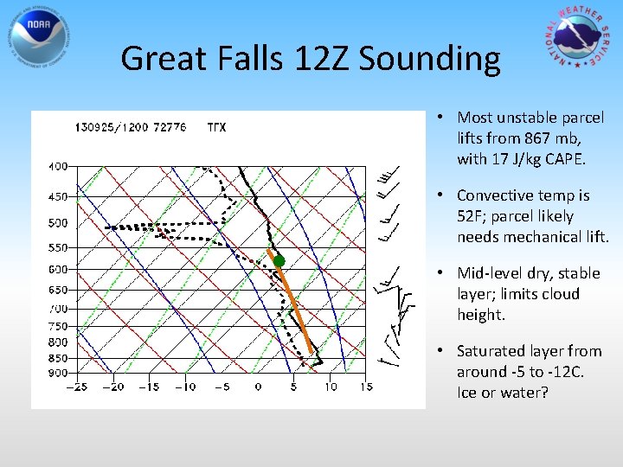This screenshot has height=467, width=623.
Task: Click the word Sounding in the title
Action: pos(429,59)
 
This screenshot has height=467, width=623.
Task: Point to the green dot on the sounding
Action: pos(279,261)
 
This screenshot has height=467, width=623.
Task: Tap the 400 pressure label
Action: pos(57,166)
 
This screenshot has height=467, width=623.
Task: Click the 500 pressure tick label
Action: pos(57,223)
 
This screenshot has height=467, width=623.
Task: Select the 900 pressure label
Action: pos(57,373)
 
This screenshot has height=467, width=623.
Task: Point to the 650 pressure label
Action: pos(57,289)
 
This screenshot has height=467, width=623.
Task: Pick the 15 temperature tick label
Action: pos(366,387)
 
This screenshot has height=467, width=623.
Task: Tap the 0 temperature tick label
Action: pos(258,387)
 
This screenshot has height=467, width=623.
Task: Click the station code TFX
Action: pos(216,128)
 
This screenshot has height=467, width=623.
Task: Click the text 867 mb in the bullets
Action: pos(565,138)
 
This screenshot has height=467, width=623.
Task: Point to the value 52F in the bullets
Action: pos(472,216)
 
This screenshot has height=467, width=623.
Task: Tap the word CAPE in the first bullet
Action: pos(565,159)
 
